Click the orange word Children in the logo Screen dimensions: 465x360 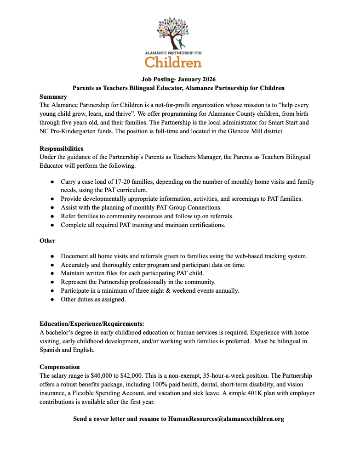tap(173, 61)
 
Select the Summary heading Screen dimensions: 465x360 tap(53, 97)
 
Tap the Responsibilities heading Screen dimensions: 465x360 tap(61, 148)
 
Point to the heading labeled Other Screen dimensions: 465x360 tap(47, 240)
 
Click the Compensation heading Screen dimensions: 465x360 tap(60, 367)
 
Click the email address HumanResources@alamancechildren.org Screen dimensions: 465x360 tap(226, 419)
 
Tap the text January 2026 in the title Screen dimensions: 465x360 tap(196, 79)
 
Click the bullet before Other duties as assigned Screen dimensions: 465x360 tap(53, 300)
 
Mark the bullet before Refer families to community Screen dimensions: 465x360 tap(53, 216)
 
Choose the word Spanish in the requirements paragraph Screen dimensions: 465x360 tap(51, 350)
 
